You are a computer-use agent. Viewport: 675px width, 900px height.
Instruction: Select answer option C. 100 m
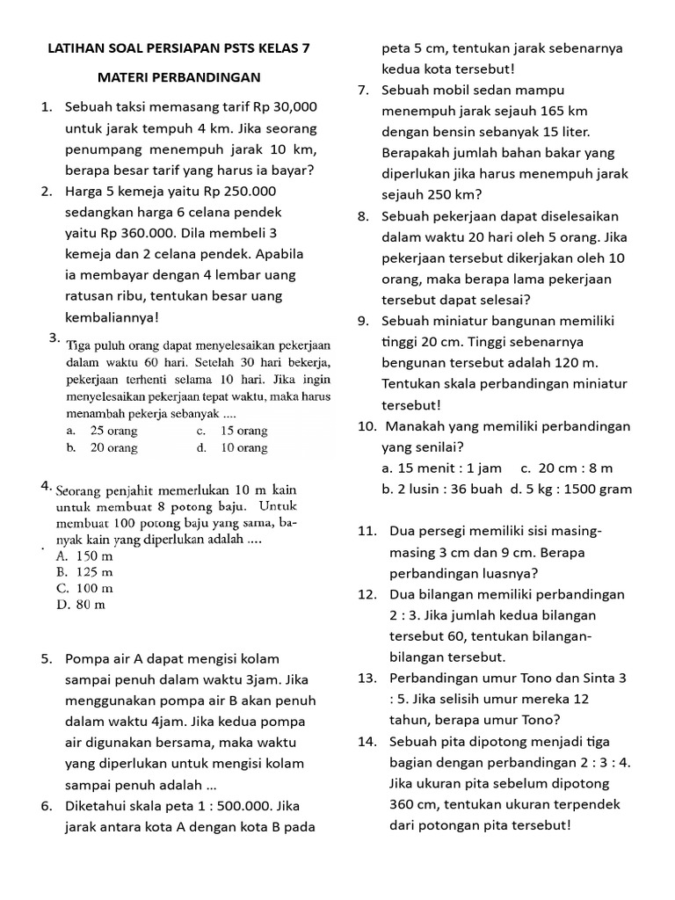(84, 588)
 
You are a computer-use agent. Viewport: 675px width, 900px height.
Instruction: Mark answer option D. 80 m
(81, 604)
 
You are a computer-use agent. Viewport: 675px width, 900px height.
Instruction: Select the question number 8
(363, 216)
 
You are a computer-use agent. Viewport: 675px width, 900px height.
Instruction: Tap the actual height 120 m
(574, 362)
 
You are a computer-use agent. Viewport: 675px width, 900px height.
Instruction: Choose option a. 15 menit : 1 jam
(442, 468)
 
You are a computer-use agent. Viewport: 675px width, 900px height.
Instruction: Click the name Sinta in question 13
(597, 678)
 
